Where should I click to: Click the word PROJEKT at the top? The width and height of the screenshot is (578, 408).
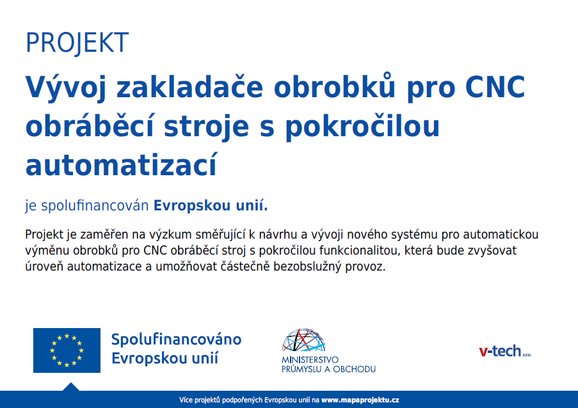(77, 43)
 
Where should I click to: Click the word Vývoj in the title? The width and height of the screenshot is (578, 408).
(66, 88)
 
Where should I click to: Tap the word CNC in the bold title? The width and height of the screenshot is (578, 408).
(495, 87)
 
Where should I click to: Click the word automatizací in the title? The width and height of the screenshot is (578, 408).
(122, 164)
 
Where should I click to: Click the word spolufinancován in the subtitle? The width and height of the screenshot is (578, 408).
(95, 205)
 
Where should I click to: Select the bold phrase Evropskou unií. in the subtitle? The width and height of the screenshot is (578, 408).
(211, 205)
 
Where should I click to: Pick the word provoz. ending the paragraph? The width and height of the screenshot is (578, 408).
(365, 267)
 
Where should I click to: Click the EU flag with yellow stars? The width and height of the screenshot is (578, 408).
(67, 350)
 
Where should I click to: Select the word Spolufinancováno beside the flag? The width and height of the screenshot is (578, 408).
(177, 339)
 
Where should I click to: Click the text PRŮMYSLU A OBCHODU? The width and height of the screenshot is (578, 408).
(328, 369)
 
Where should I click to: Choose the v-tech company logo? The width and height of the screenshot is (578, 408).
(505, 351)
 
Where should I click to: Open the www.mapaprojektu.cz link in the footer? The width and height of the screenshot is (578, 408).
(360, 400)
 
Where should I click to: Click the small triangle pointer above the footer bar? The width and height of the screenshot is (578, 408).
(71, 387)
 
